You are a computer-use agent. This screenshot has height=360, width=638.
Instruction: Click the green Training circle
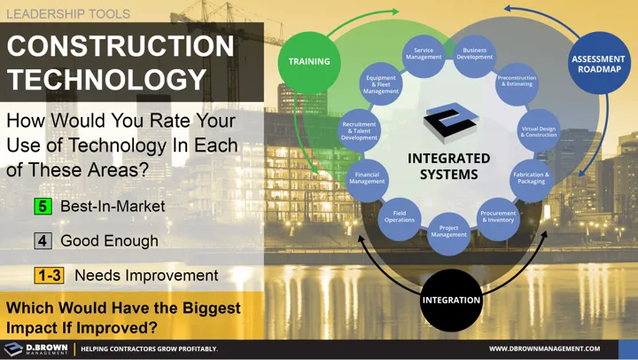pos(309,61)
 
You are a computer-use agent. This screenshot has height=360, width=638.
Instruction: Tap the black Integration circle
pos(450,300)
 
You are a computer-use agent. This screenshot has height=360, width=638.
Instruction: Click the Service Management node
pos(424,54)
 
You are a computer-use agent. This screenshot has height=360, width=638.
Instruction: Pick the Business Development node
pos(474,54)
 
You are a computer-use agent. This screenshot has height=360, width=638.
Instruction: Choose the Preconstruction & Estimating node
pos(516,82)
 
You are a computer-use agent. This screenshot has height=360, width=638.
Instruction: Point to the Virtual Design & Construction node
pos(538,130)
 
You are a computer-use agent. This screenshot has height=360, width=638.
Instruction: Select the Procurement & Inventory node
pos(498,215)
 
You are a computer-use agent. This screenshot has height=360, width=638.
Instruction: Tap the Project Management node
pos(448,232)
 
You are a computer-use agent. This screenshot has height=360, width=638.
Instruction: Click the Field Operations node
pos(400,215)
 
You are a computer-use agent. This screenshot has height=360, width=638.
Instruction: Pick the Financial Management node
pos(366,177)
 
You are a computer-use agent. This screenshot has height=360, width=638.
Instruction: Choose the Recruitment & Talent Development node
pos(359,130)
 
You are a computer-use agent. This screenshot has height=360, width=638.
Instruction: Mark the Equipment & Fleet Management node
pos(381,84)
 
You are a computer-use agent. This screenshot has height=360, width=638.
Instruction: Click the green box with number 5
pos(43,206)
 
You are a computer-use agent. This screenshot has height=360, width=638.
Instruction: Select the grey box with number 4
pos(43,240)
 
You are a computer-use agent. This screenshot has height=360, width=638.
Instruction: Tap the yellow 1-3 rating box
pos(49,275)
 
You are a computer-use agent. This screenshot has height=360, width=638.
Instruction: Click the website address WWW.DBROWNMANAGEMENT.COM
pos(544,348)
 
